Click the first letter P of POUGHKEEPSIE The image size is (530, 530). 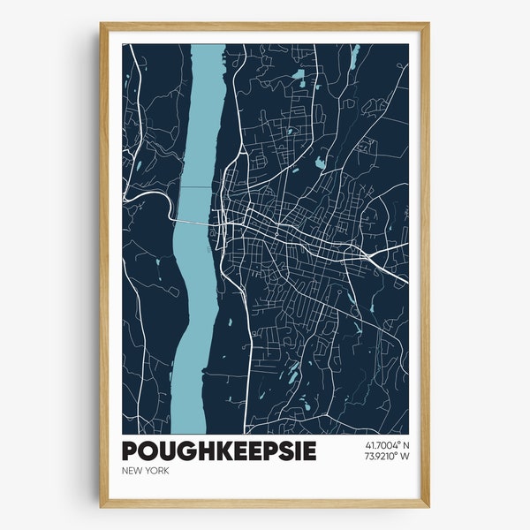131,450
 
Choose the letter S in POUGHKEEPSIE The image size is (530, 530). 287,450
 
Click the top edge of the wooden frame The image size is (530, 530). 265,26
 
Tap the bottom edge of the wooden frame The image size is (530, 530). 265,503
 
